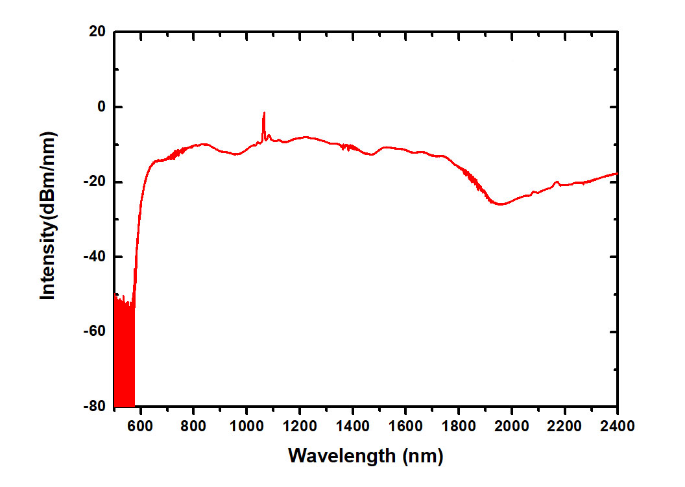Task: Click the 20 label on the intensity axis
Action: [x=97, y=32]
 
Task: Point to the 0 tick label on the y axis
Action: [x=101, y=107]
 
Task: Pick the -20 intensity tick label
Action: [x=95, y=182]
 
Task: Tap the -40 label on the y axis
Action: [x=95, y=257]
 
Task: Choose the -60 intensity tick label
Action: [x=95, y=332]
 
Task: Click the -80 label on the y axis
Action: [x=95, y=407]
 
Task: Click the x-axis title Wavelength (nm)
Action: [x=365, y=456]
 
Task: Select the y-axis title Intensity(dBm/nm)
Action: [x=48, y=215]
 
